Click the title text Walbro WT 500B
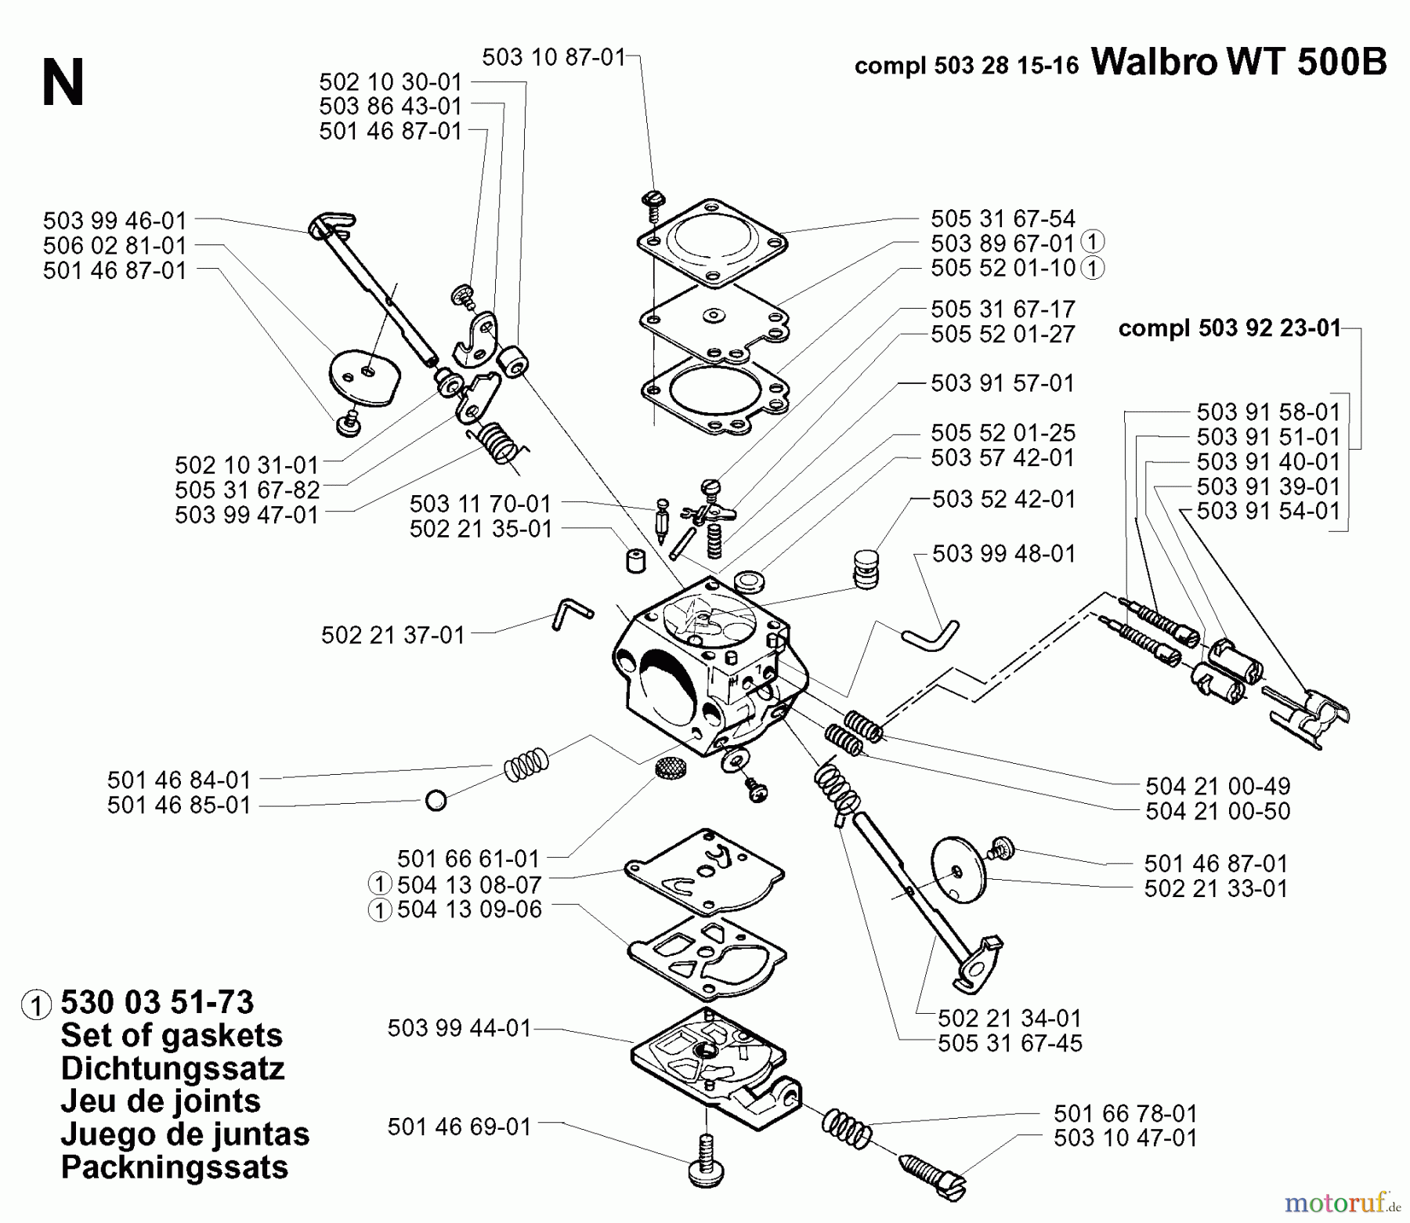[x=1238, y=62]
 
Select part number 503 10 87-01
[x=554, y=57]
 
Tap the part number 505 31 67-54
[x=1003, y=218]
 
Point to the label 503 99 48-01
[x=1004, y=554]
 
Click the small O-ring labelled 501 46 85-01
[x=436, y=801]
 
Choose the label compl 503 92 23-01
[x=1230, y=327]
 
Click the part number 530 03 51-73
[x=157, y=1002]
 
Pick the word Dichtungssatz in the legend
[x=172, y=1068]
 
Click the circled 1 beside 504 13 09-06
[x=379, y=910]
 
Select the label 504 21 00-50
[x=1217, y=811]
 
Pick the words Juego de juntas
[x=185, y=1134]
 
